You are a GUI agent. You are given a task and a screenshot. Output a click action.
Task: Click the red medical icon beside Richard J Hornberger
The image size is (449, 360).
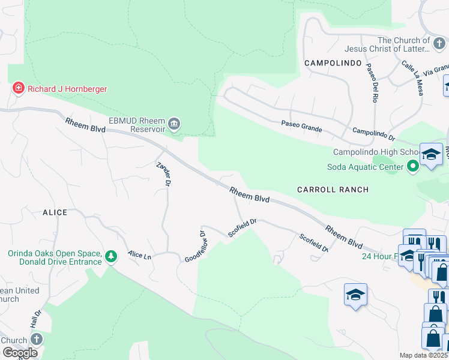[x=18, y=89]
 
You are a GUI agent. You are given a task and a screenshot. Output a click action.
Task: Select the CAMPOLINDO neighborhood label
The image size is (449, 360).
[x=333, y=63]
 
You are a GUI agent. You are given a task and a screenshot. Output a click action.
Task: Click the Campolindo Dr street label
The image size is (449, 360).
[x=373, y=133]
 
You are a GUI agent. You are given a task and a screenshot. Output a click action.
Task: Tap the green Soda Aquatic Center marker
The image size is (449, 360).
[x=412, y=166]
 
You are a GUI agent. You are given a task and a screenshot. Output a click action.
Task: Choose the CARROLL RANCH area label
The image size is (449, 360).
[x=333, y=190]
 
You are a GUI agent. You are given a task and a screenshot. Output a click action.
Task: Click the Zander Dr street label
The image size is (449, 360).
[x=164, y=173]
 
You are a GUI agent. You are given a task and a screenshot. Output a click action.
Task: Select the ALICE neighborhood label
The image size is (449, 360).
[x=55, y=212]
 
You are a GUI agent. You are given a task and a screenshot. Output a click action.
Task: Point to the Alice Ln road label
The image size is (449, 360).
[x=139, y=255]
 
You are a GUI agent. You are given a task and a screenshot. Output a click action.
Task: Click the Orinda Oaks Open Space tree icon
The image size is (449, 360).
[x=110, y=257]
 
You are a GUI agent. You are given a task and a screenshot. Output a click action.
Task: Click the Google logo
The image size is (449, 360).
[x=20, y=352]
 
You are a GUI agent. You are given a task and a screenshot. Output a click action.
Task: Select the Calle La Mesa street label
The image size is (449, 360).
[x=412, y=78]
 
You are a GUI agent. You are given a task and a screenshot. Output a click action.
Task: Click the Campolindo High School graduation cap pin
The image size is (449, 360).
[x=430, y=155]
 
